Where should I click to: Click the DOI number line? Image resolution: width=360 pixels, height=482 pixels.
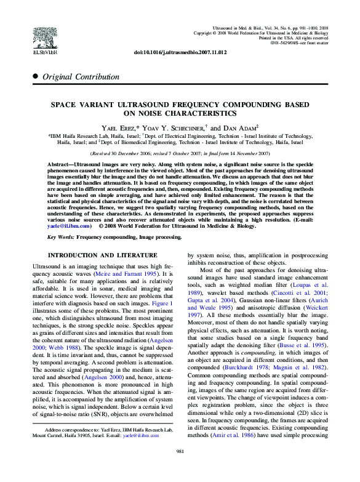(180, 53)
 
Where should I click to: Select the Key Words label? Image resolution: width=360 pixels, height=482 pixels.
(62, 236)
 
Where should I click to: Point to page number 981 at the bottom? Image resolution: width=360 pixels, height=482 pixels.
(180, 468)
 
